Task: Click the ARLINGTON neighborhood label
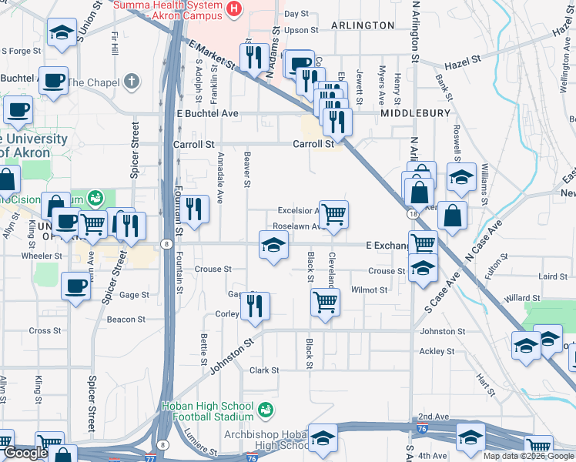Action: [x=362, y=25]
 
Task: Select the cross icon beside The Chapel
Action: [x=132, y=81]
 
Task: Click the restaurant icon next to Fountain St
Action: [x=196, y=208]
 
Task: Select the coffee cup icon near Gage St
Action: [x=75, y=286]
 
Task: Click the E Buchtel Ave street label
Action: [x=208, y=113]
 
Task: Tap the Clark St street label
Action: [x=264, y=370]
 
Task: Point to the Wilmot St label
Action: [x=369, y=290]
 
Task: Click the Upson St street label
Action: [x=301, y=30]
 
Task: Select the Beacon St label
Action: [x=126, y=320]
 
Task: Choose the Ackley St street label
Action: [x=437, y=351]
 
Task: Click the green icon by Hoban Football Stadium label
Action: [x=266, y=407]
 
